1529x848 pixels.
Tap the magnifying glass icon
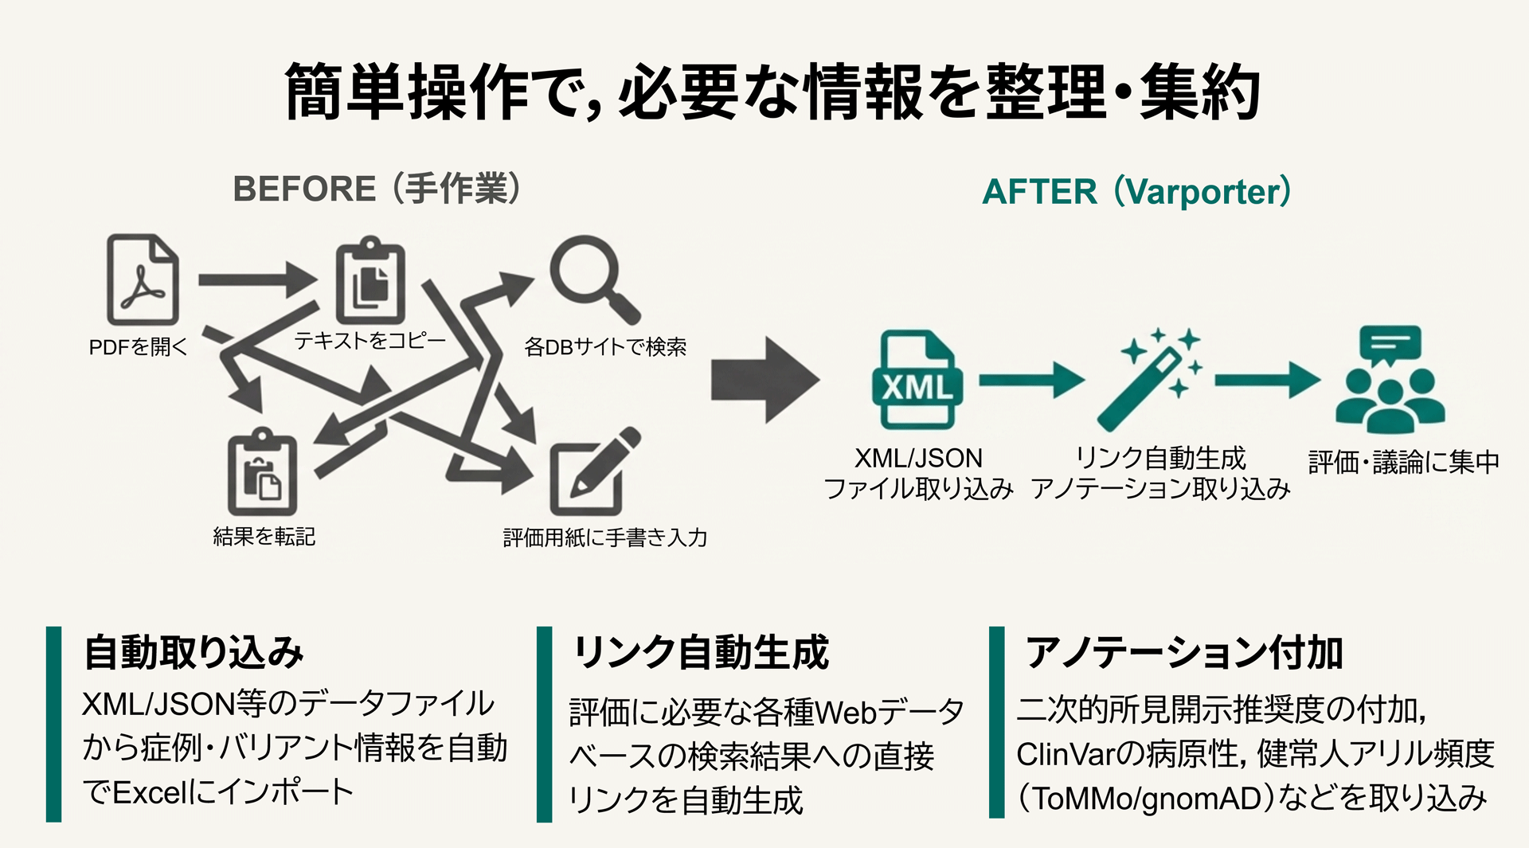coord(592,277)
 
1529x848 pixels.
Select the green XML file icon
coord(917,381)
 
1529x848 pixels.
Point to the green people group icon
coord(1390,380)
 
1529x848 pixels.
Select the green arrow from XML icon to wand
coord(1030,380)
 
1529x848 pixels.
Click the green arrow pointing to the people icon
coord(1266,380)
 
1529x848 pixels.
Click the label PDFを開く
coord(138,347)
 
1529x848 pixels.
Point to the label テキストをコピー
coord(370,341)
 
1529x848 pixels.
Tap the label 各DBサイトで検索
coord(605,347)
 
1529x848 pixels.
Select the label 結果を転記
coord(264,537)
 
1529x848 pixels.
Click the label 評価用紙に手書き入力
coord(605,538)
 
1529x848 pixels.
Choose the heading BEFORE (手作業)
coord(377,190)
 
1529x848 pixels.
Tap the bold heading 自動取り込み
coord(194,652)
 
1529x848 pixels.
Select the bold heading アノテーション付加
coord(1183,653)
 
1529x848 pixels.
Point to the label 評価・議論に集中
coord(1403,462)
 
